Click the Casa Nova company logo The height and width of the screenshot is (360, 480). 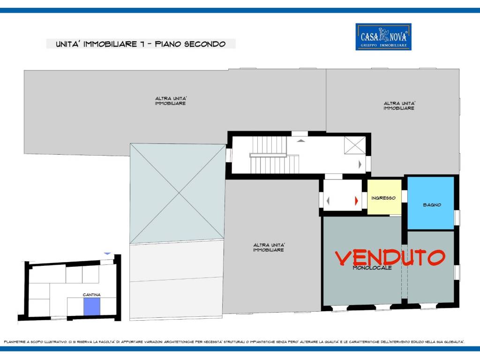coord(383,37)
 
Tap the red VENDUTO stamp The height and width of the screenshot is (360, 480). coord(390,257)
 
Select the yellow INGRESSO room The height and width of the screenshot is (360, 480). coord(384,197)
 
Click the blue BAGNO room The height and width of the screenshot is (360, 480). coord(430,202)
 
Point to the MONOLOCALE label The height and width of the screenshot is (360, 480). coord(372,268)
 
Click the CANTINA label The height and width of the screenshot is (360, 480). coord(91,294)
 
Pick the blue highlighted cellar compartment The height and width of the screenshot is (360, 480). coord(92,307)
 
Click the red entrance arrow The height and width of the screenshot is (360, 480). coord(356,201)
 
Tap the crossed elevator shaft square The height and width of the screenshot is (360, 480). coord(355,145)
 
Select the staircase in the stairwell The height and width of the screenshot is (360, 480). coord(274,155)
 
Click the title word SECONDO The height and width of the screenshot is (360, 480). coord(205,44)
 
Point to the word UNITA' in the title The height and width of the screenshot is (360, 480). coord(68,44)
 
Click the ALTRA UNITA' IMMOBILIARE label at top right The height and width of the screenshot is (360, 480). coord(399,105)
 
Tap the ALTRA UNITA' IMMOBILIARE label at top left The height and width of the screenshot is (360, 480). coord(171,101)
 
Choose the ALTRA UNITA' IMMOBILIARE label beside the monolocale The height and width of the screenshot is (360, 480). coord(269,247)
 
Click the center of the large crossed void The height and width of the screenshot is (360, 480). coord(179,194)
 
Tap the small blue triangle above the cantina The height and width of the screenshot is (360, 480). coord(107,254)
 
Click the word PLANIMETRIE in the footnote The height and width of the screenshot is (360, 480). coord(15,342)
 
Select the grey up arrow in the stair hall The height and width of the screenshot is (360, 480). coord(301,141)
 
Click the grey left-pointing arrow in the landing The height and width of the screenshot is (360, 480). coord(328,201)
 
